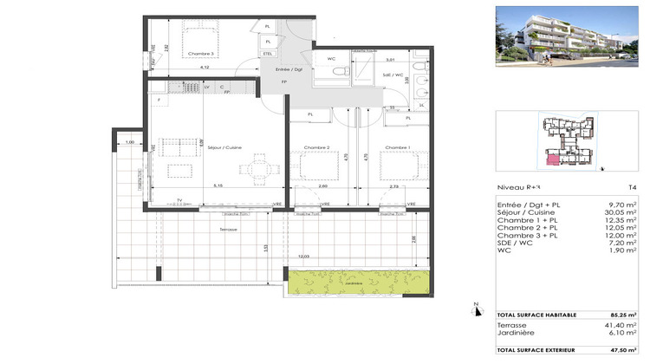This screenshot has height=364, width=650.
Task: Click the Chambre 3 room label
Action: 200,54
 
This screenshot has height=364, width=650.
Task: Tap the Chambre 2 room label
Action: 315,148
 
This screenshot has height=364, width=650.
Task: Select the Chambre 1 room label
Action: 398,148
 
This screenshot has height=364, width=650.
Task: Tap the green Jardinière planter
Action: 360,280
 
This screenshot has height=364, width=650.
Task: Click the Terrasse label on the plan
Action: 229,230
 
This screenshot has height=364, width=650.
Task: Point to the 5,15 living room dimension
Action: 218,185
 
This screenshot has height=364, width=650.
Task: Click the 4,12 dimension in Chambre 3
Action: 205,67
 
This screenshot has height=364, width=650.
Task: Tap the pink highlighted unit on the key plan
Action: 551,158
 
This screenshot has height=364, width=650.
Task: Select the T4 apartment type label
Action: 631,186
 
